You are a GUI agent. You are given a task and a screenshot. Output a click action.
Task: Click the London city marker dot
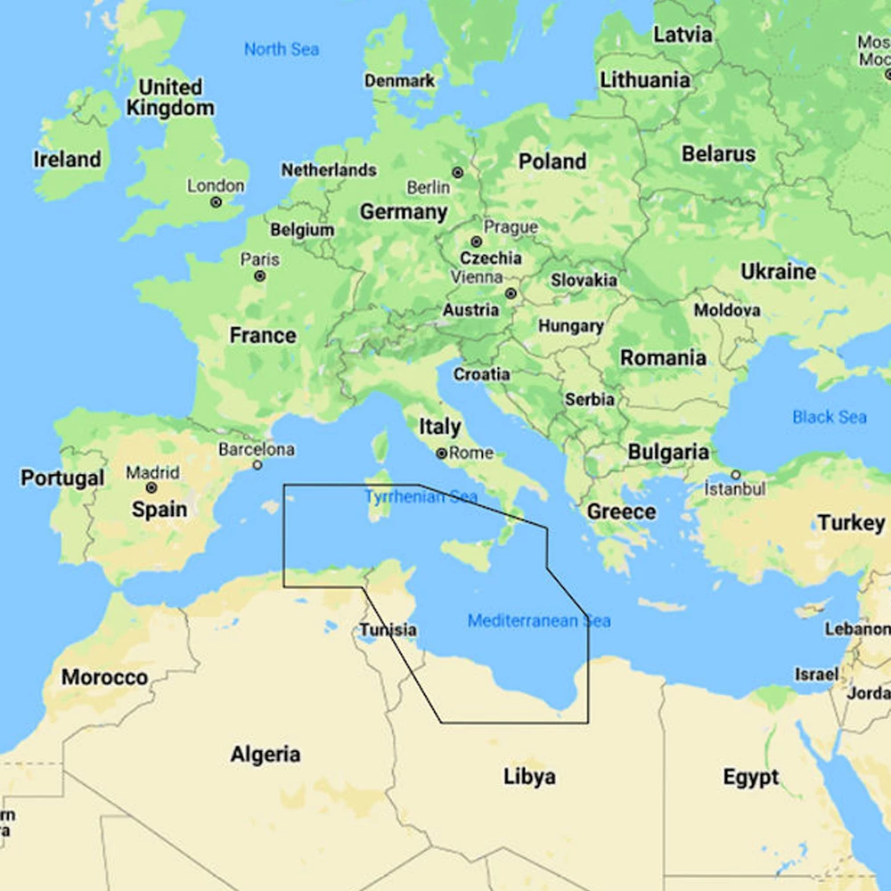point(216,202)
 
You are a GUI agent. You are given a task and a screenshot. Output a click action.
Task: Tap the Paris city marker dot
point(259,276)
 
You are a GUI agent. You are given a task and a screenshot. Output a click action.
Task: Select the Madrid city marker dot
point(151,488)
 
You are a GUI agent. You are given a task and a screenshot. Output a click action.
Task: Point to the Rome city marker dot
point(441,454)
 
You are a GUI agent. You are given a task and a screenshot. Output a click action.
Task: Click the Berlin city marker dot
point(457,172)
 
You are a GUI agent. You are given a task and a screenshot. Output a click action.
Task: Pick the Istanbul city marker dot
point(736,475)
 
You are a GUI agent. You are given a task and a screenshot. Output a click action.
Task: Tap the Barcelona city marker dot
point(257,464)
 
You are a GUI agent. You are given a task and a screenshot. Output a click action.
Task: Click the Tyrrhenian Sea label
point(421,497)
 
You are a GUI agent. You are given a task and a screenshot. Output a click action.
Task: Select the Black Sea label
point(829,417)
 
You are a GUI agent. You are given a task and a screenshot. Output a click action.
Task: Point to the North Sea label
point(281,50)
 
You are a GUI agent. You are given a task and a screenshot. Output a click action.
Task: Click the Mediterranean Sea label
point(539,621)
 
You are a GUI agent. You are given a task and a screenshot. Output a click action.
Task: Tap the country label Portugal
point(62,478)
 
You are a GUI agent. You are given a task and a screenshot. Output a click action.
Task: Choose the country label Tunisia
point(388,631)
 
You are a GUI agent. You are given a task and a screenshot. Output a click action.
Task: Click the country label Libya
point(529,777)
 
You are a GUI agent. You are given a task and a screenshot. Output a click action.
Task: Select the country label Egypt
point(750,778)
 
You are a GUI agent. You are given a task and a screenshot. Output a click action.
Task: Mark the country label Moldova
point(727,310)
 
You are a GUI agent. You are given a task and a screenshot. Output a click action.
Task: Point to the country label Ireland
point(67,159)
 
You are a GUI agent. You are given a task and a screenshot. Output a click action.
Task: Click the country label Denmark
point(400,81)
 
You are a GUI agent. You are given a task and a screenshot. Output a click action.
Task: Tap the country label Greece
point(621,512)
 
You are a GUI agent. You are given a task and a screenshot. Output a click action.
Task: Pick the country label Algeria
point(265,755)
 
